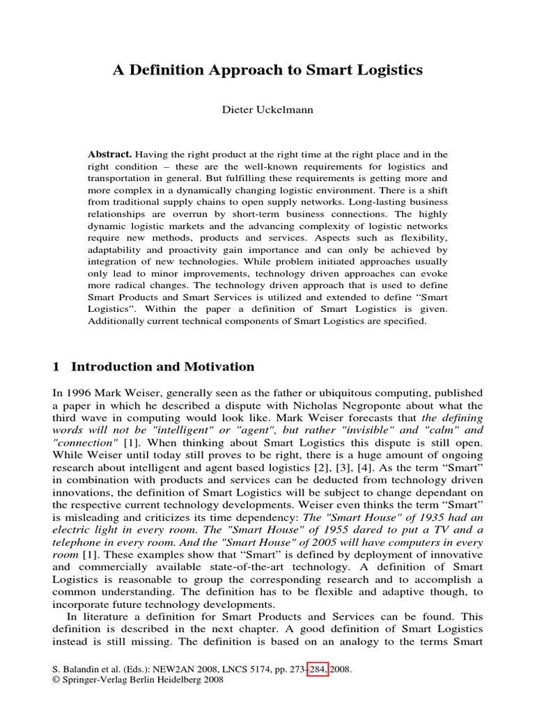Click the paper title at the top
point(267,70)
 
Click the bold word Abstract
point(109,154)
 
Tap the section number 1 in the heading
point(58,367)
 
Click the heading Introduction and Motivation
point(163,367)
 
